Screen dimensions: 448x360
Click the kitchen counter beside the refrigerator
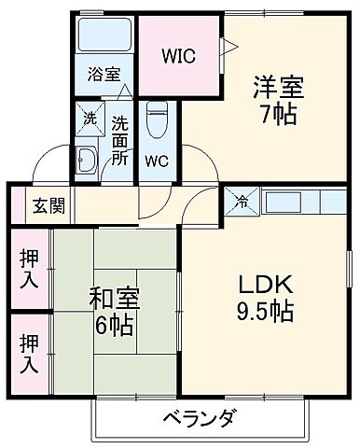pyautogui.click(x=298, y=199)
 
